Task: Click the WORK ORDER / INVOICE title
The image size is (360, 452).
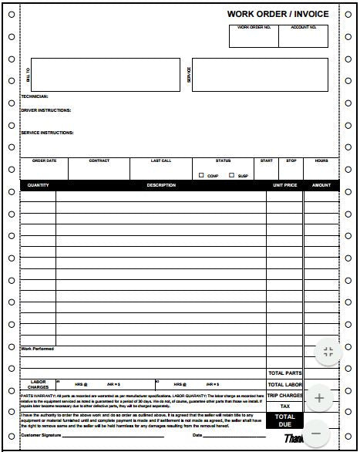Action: (x=278, y=14)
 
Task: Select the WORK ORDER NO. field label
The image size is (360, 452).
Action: (x=254, y=28)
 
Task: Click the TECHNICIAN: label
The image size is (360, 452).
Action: (x=34, y=96)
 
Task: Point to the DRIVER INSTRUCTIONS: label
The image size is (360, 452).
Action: (x=45, y=110)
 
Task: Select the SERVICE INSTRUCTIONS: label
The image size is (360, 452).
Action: (x=47, y=133)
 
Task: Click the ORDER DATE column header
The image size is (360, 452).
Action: (x=44, y=160)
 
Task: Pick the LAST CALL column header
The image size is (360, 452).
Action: (x=161, y=160)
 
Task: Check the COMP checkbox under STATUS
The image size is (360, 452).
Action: (x=202, y=175)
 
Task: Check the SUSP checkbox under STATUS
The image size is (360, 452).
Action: (x=232, y=175)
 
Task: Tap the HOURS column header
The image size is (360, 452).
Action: (x=321, y=160)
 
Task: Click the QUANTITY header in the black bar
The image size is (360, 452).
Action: (x=38, y=185)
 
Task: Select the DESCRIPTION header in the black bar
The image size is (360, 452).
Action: (x=161, y=185)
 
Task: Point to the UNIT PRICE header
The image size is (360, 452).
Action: (x=284, y=185)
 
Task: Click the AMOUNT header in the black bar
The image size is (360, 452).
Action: (x=321, y=185)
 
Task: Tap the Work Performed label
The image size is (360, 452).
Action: (x=37, y=349)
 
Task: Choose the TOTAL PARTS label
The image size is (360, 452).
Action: (x=284, y=373)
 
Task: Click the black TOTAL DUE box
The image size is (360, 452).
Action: (x=284, y=420)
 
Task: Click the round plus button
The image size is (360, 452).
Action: (x=319, y=399)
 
